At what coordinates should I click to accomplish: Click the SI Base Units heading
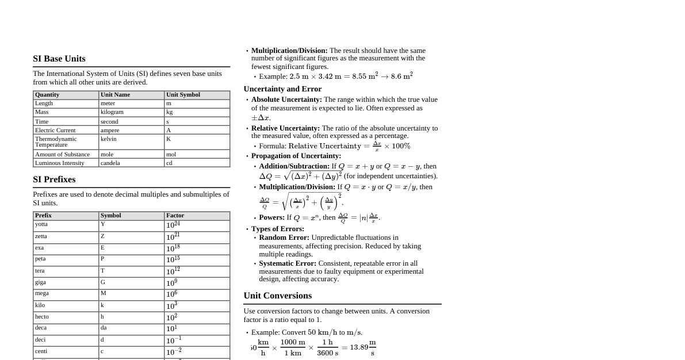pyautogui.click(x=59, y=59)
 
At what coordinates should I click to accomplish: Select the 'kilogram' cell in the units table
pyautogui.click(x=112, y=112)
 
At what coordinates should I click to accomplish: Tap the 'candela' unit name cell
pyautogui.click(x=110, y=163)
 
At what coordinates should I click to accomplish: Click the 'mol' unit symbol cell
pyautogui.click(x=171, y=154)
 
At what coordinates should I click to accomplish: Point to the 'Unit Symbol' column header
pyautogui.click(x=183, y=95)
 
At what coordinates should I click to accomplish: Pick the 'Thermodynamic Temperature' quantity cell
pyautogui.click(x=56, y=141)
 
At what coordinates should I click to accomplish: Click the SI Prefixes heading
pyautogui.click(x=54, y=179)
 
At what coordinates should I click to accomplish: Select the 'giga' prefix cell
pyautogui.click(x=40, y=282)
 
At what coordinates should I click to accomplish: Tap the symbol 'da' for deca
pyautogui.click(x=104, y=328)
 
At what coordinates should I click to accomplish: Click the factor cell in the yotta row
pyautogui.click(x=173, y=225)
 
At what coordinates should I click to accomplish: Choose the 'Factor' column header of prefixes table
pyautogui.click(x=175, y=216)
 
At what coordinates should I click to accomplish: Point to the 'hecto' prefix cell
pyautogui.click(x=42, y=317)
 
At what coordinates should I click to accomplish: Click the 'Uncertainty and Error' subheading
pyautogui.click(x=282, y=89)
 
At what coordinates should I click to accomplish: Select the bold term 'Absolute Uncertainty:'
pyautogui.click(x=286, y=99)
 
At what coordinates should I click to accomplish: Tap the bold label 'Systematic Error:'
pyautogui.click(x=288, y=263)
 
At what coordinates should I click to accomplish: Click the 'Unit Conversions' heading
pyautogui.click(x=277, y=296)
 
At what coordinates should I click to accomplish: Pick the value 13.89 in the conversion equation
pyautogui.click(x=359, y=347)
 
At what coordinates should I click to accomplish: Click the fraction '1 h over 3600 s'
pyautogui.click(x=327, y=347)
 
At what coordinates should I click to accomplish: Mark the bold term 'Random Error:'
pyautogui.click(x=284, y=238)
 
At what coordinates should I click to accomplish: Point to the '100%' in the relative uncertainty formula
pyautogui.click(x=401, y=146)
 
